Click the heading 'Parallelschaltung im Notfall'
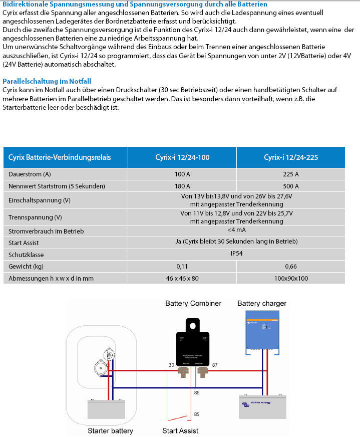coord(47,81)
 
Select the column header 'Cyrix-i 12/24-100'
coord(182,157)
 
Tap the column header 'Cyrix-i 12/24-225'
coord(290,157)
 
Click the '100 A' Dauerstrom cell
coord(182,174)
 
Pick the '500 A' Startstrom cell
coord(290,186)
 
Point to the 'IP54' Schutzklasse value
coord(237,254)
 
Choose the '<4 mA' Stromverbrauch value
coord(237,230)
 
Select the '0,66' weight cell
coord(290,266)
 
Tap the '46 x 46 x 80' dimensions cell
coord(182,278)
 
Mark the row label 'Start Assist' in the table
coord(25,243)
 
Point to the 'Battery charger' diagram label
coord(261,304)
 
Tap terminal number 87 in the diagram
coord(215,365)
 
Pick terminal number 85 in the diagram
coord(197,414)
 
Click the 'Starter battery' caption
coord(110,431)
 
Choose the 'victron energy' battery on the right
coord(263,406)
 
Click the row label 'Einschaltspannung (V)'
coord(40,200)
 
